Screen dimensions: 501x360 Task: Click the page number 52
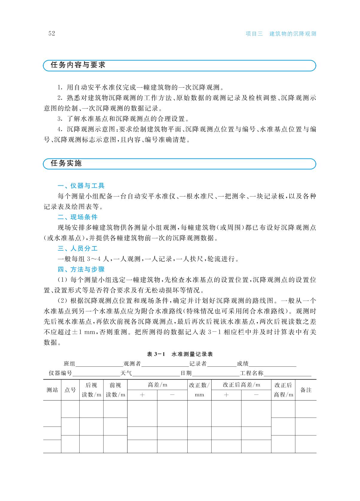[x=52, y=33]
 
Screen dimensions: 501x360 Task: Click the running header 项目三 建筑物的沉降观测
[x=281, y=34]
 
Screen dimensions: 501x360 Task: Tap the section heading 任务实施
[x=66, y=163]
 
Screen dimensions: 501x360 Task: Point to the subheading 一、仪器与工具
[x=81, y=186]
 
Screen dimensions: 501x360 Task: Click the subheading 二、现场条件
[x=78, y=217]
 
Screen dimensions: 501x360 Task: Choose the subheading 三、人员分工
[x=78, y=249]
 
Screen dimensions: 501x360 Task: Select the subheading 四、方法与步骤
[x=81, y=269]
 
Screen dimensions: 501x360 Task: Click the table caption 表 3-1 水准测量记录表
[x=180, y=354]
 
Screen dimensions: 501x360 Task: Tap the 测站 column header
[x=52, y=390]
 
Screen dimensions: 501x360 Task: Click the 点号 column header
[x=70, y=390]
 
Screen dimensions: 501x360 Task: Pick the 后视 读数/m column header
[x=91, y=390]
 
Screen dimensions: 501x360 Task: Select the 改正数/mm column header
[x=199, y=390]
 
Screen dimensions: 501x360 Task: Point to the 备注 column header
[x=306, y=390]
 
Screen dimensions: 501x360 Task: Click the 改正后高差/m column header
[x=241, y=385]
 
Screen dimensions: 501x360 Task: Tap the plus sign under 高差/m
[x=142, y=395]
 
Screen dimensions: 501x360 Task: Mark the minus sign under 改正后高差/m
[x=256, y=395]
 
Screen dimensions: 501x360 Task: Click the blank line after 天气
[x=156, y=374]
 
